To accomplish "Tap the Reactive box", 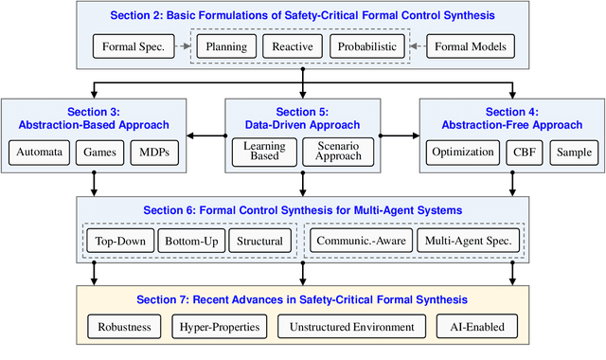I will [x=294, y=45].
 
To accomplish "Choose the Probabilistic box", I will [x=366, y=45].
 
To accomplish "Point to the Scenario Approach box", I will [x=338, y=152].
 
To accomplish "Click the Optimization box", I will [x=463, y=152].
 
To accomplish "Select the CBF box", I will [x=523, y=152].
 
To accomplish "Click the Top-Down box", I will [x=120, y=241].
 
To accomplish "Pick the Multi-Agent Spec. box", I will [x=468, y=241].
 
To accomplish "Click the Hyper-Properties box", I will [x=220, y=327].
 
